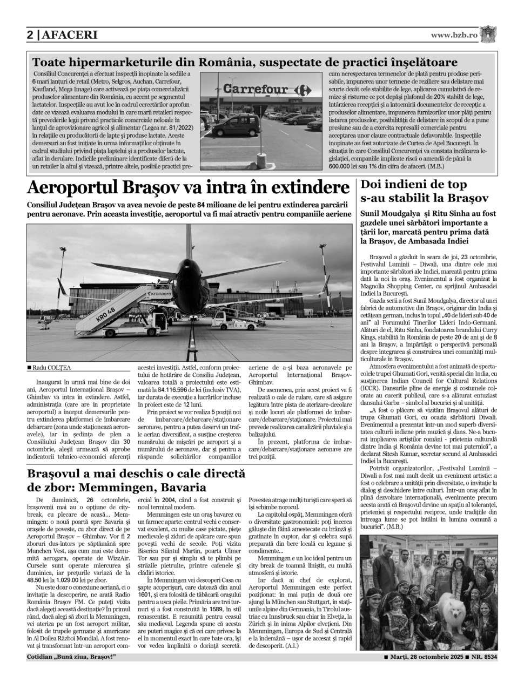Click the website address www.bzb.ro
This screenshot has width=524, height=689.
click(454, 35)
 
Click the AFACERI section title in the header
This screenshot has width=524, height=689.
click(69, 36)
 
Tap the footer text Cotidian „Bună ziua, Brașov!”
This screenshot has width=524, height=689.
click(71, 657)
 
